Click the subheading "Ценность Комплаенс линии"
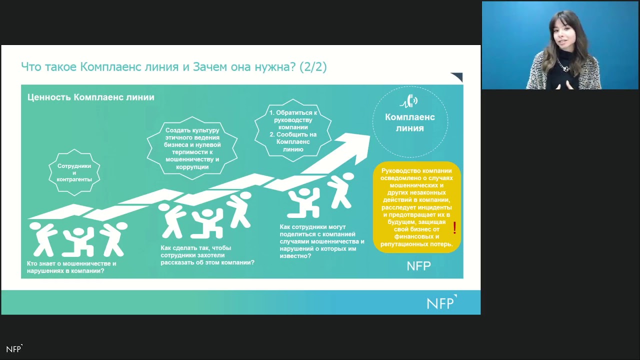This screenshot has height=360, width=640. [90, 97]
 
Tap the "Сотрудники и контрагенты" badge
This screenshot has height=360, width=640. [74, 172]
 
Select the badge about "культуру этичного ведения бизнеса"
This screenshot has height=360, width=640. [192, 148]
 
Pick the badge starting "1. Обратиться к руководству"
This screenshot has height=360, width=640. [293, 131]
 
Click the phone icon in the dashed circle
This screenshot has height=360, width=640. [410, 101]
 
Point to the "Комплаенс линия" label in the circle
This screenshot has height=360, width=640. [410, 122]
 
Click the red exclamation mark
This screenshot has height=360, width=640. [454, 228]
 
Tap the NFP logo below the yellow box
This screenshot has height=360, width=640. [418, 266]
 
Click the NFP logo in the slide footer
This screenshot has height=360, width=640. [441, 302]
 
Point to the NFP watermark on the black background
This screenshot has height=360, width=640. [14, 349]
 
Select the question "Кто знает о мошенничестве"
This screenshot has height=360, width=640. [71, 267]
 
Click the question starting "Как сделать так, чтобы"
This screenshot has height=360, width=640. [207, 255]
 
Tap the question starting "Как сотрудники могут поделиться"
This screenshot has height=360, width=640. [321, 241]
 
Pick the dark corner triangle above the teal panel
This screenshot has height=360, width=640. [457, 77]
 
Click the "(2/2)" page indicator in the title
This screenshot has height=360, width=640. [313, 66]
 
